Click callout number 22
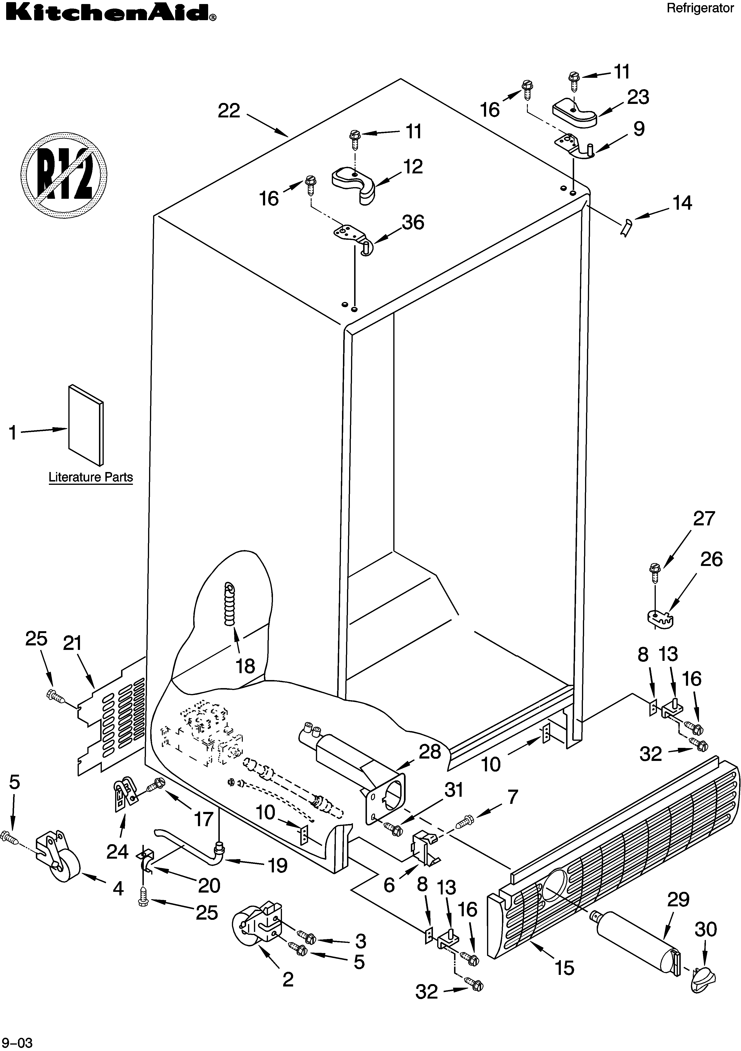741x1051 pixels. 229,111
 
